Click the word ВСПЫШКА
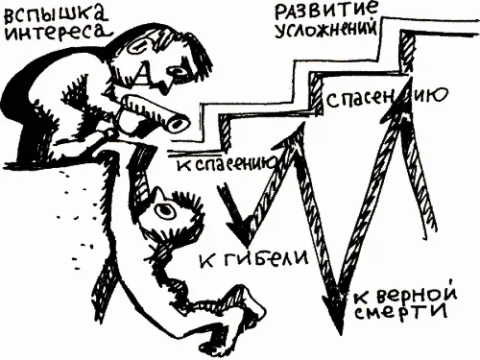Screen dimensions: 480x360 (55, 13)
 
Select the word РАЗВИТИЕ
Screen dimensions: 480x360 (325, 12)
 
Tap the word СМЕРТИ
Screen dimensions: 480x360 (401, 311)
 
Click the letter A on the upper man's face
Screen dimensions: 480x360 (142, 75)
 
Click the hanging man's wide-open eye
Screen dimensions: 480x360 (164, 209)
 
